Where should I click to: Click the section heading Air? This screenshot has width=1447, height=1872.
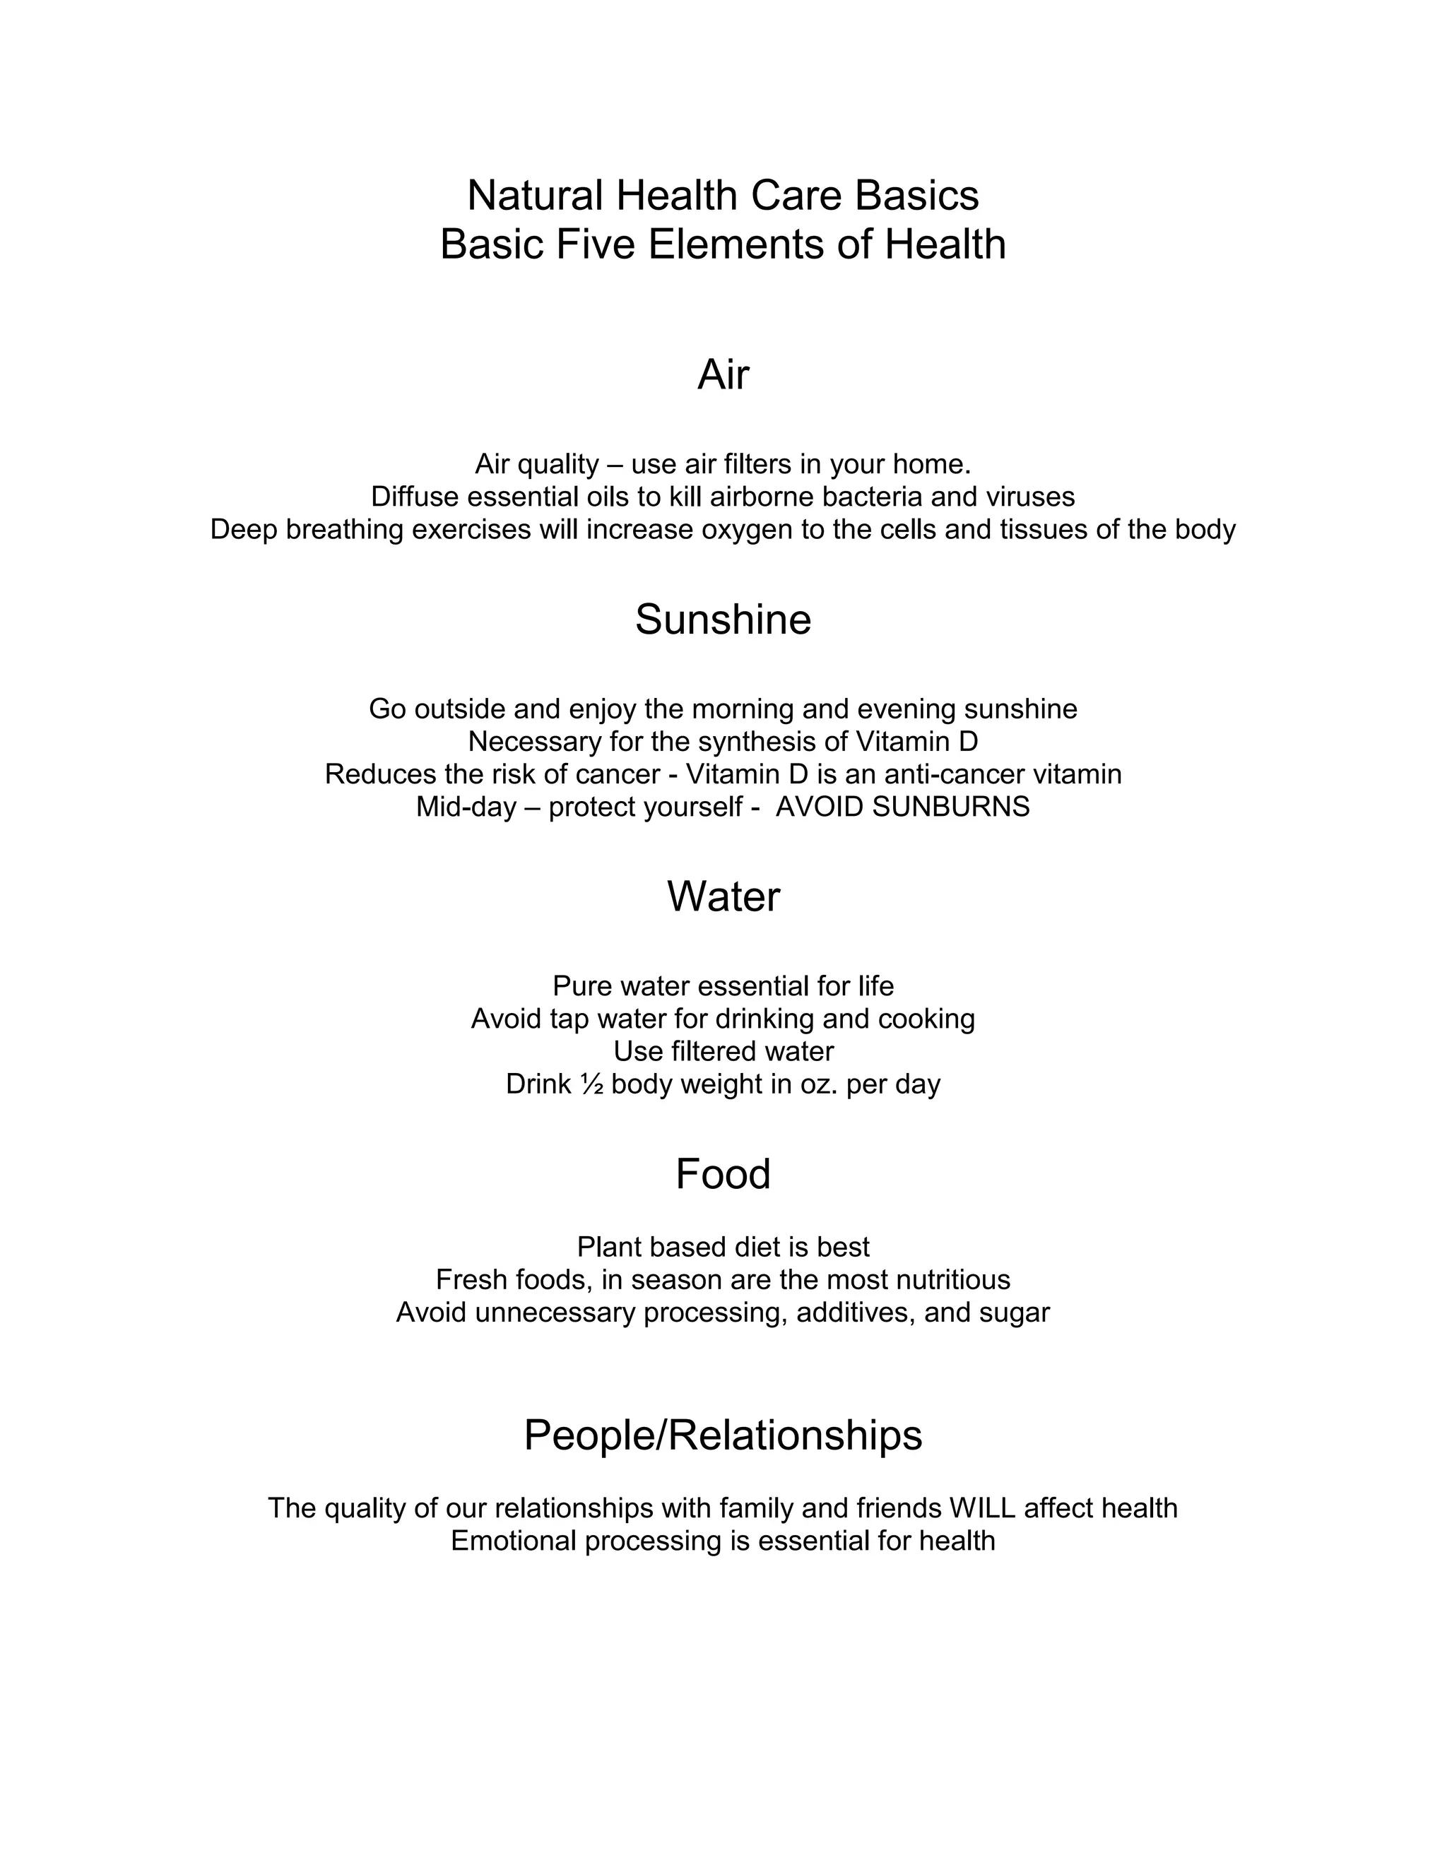(x=723, y=374)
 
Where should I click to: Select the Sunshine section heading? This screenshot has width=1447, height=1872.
(x=723, y=619)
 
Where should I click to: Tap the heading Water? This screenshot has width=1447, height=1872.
(x=723, y=896)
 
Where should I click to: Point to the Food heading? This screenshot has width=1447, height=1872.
(x=723, y=1173)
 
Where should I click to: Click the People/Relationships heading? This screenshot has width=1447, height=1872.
(x=723, y=1434)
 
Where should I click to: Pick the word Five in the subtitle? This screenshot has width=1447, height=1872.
(x=595, y=244)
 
